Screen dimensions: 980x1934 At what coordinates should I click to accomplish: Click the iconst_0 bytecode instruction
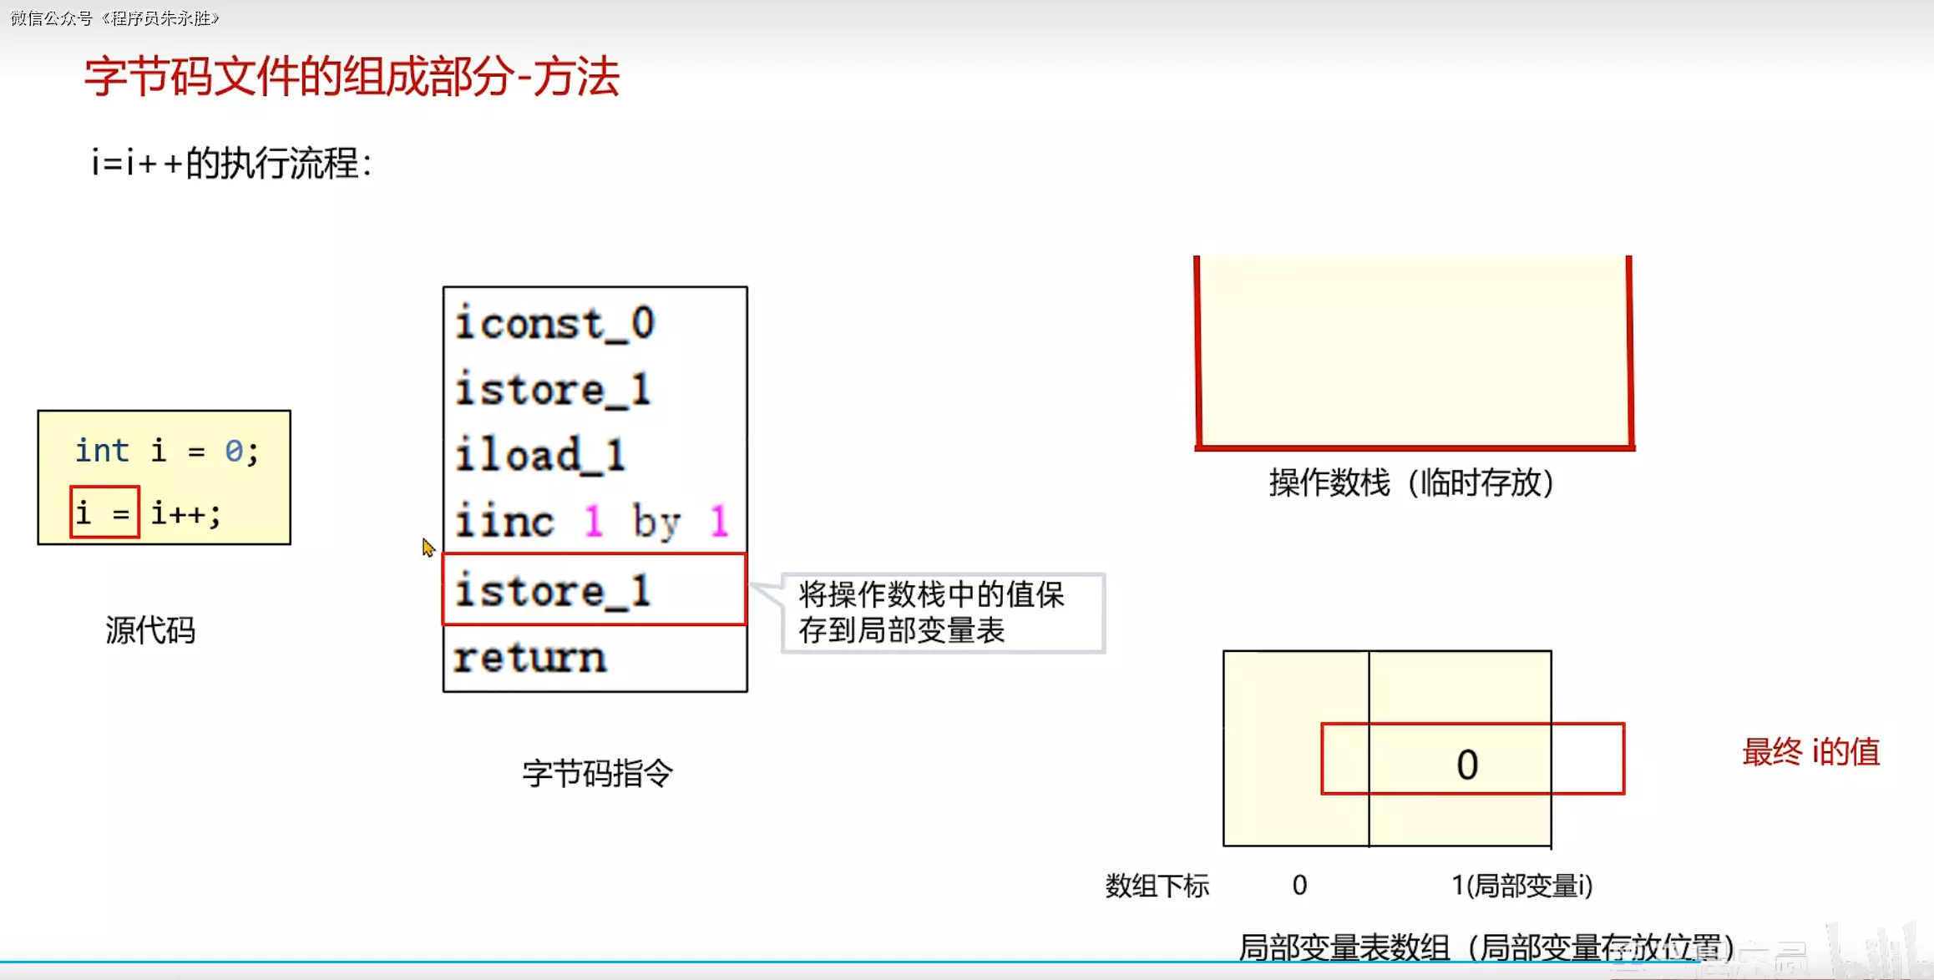554,324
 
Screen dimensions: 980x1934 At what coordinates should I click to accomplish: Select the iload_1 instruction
540,456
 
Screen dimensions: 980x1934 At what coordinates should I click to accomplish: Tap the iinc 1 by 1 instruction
591,522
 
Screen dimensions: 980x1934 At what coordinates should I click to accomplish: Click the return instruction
529,658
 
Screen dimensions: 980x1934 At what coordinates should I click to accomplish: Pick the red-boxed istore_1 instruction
552,591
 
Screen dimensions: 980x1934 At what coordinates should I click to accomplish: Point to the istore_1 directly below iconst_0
552,390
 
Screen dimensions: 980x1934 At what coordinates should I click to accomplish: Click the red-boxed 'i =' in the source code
104,513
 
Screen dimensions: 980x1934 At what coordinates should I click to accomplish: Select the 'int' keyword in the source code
102,451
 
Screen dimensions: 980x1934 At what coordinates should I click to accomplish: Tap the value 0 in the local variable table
1467,764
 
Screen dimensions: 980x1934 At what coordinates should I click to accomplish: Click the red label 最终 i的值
1810,752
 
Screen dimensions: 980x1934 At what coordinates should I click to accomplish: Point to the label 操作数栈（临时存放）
1411,482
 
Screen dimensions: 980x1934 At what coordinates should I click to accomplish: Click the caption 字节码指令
597,773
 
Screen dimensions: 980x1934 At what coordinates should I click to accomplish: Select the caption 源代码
150,630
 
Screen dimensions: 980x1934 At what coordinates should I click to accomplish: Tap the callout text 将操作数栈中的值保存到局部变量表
931,613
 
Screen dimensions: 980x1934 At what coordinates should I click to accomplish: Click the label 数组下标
1157,886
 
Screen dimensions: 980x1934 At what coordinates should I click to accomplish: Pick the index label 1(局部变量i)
1521,886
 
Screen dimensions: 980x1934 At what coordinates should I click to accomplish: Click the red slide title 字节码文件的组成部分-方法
352,77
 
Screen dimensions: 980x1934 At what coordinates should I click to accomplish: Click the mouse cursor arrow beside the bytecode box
428,547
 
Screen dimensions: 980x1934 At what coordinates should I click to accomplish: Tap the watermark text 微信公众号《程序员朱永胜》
114,18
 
